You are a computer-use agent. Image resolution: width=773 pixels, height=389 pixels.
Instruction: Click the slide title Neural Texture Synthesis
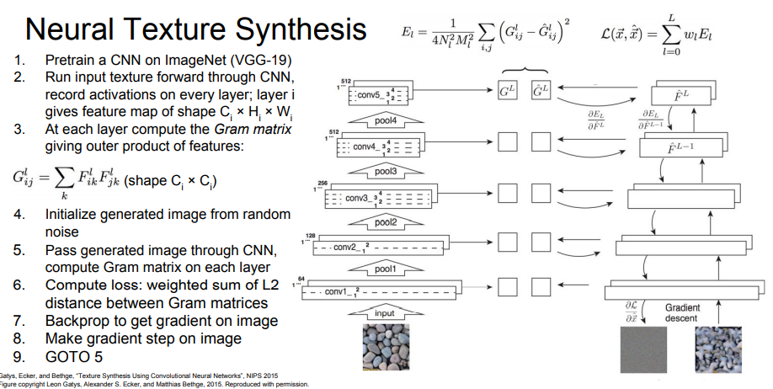coord(196,30)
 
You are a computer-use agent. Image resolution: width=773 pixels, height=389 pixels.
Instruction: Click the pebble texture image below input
coord(384,349)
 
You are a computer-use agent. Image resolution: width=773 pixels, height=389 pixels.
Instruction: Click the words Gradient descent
coord(682,313)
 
